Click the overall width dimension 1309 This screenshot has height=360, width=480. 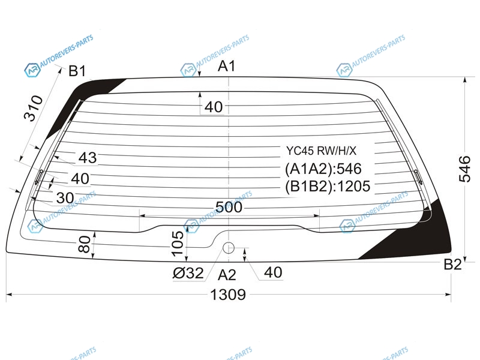click(x=228, y=295)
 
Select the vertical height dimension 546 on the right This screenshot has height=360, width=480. click(x=464, y=169)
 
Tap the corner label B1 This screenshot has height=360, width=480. click(x=77, y=71)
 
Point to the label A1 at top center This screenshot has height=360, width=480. click(x=227, y=66)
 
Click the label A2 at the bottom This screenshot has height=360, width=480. click(x=227, y=275)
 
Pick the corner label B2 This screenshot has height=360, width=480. click(x=452, y=264)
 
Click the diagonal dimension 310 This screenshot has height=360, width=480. click(x=34, y=108)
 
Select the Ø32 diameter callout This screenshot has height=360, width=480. click(x=188, y=273)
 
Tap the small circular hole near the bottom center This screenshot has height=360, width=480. click(x=229, y=248)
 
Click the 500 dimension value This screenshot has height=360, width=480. click(x=229, y=207)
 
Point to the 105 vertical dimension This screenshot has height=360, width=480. click(x=178, y=244)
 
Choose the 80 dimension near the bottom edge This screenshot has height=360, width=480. click(x=85, y=244)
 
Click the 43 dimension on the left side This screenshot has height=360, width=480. click(x=88, y=158)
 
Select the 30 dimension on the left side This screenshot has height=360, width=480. click(x=65, y=198)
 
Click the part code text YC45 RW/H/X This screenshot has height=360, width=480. click(x=322, y=151)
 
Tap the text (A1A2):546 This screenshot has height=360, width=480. click(x=323, y=169)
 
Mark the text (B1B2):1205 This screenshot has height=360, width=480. click(x=328, y=186)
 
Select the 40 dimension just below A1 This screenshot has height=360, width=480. click(x=214, y=107)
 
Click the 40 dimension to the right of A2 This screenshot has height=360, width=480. click(x=273, y=272)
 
